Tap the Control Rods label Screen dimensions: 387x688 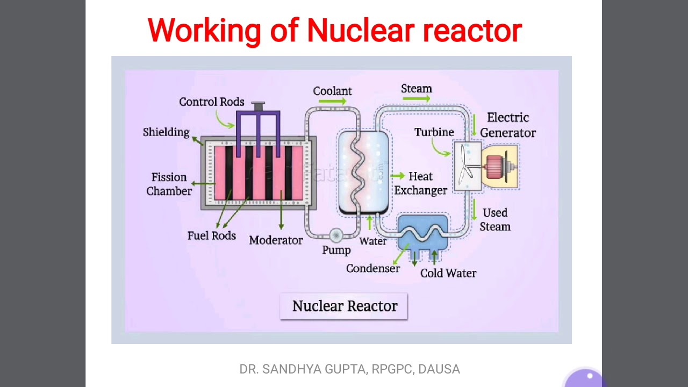tap(212, 102)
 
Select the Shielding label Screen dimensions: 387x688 tap(166, 132)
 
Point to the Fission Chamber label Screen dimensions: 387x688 tap(169, 184)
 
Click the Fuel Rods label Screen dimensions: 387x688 tap(212, 236)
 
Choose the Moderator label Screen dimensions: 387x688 tap(276, 240)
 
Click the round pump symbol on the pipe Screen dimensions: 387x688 tap(336, 235)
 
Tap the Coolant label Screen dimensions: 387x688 tap(332, 91)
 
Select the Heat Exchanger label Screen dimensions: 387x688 tap(420, 183)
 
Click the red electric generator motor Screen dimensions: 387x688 tap(494, 167)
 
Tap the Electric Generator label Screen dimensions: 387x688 tap(508, 125)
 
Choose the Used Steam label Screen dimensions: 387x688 tap(495, 220)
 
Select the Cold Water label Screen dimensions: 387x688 tap(448, 274)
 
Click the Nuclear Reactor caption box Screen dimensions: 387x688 tap(344, 306)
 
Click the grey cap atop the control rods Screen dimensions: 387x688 tap(258, 106)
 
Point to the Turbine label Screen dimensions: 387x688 tap(434, 132)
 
